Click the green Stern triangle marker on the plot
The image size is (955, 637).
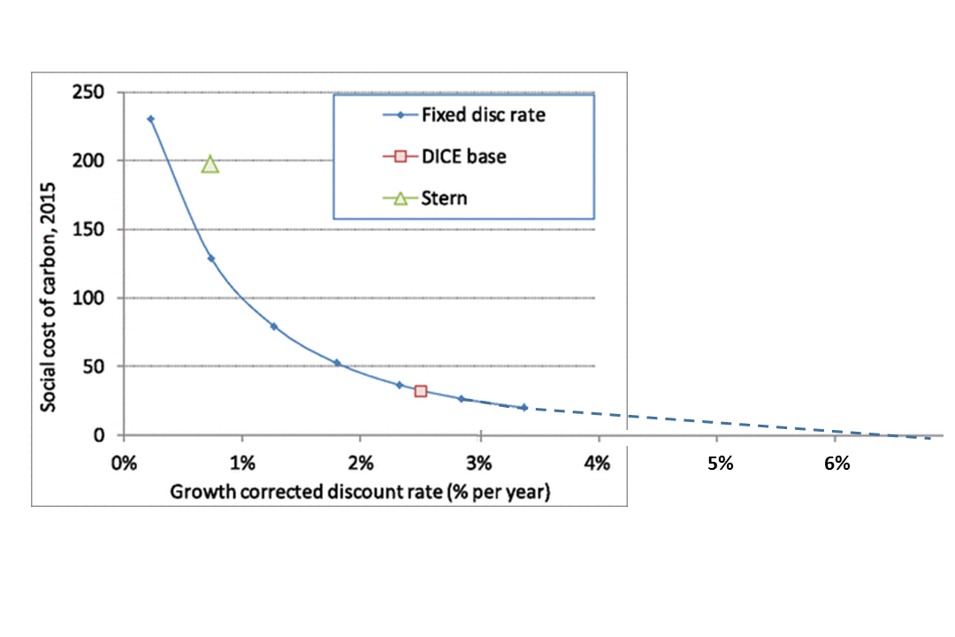pyautogui.click(x=210, y=164)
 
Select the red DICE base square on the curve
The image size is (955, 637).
pyautogui.click(x=421, y=390)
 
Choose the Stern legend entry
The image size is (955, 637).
pyautogui.click(x=445, y=198)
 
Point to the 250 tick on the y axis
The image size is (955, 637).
pyautogui.click(x=90, y=92)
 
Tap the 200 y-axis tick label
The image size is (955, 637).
pyautogui.click(x=90, y=160)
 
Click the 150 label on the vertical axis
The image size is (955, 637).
pyautogui.click(x=90, y=229)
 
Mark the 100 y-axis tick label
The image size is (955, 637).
pyautogui.click(x=90, y=298)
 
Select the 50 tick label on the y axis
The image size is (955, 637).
pyautogui.click(x=95, y=366)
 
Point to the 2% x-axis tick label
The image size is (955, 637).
pyautogui.click(x=361, y=464)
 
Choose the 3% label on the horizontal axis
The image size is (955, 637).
pyautogui.click(x=479, y=464)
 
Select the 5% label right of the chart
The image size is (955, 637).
pyautogui.click(x=721, y=464)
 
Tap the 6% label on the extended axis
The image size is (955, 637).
pyautogui.click(x=837, y=464)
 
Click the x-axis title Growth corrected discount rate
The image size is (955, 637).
pyautogui.click(x=360, y=493)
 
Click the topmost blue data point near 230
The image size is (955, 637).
pyautogui.click(x=151, y=119)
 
